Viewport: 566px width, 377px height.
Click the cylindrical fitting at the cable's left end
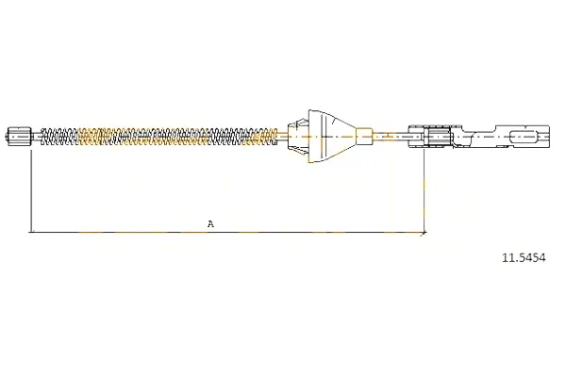pos(19,136)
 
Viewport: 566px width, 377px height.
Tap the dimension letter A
pos(210,223)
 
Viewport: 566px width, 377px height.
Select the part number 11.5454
pos(524,257)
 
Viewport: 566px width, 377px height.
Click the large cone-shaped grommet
pos(332,136)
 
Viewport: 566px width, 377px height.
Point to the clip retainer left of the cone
pos(298,136)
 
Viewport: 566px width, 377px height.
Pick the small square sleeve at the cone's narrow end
pos(364,136)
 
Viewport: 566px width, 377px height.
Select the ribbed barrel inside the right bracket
pos(438,136)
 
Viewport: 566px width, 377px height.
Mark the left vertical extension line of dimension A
pos(32,190)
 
